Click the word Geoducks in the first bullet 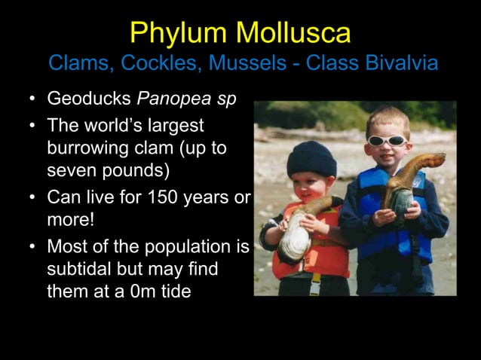(x=84, y=99)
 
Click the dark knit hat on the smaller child (x=311, y=158)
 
